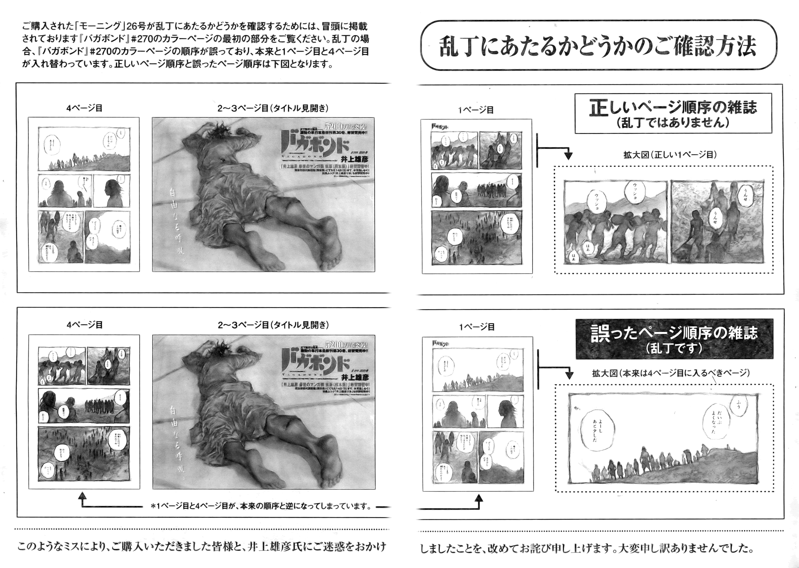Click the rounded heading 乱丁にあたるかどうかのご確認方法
click(598, 46)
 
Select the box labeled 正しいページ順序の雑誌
click(673, 113)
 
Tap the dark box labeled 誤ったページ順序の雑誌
click(674, 338)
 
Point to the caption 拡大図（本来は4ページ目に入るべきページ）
click(671, 373)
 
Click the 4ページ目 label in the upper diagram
click(84, 108)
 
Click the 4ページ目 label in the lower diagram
click(84, 325)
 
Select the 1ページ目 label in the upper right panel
click(476, 110)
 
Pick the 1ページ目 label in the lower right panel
click(477, 327)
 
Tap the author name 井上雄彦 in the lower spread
click(354, 377)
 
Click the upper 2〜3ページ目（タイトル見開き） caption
click(273, 108)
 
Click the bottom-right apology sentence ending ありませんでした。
click(587, 548)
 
